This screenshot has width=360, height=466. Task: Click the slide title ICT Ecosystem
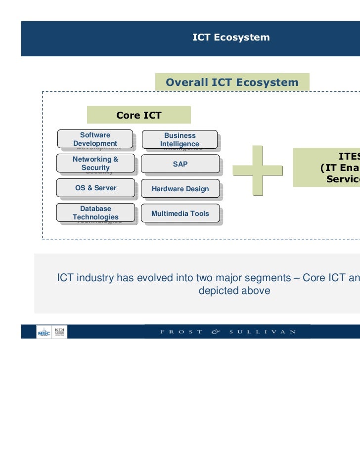(x=231, y=38)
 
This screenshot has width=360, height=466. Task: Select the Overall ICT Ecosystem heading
(x=232, y=83)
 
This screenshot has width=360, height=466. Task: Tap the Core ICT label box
(x=138, y=116)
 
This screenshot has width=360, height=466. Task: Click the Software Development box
(x=95, y=139)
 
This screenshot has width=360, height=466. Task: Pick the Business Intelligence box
(x=180, y=139)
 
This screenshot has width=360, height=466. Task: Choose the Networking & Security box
(x=95, y=164)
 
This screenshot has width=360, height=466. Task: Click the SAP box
(x=180, y=164)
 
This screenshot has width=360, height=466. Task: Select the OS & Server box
(x=95, y=188)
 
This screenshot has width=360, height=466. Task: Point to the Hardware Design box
(x=180, y=189)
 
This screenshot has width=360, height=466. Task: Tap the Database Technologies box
(x=95, y=212)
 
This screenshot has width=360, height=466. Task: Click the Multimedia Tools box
(x=180, y=213)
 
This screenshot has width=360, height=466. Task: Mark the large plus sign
(x=257, y=170)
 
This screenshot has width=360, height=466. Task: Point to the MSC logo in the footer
(x=44, y=332)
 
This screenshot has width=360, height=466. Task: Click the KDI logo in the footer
(x=61, y=331)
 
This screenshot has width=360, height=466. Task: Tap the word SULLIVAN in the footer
(x=262, y=332)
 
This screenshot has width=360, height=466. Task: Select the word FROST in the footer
(x=181, y=332)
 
